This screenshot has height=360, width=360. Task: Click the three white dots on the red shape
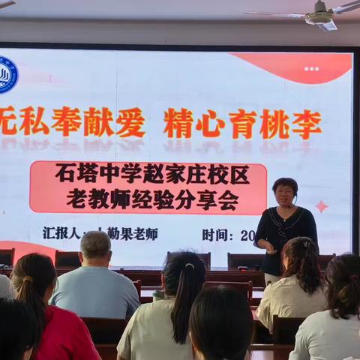(x=311, y=68)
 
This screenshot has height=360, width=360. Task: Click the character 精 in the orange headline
(x=178, y=124)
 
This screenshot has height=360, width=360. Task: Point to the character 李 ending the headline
(x=307, y=124)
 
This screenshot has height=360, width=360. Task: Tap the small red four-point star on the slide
(x=322, y=206)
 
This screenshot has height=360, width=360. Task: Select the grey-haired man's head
(x=95, y=246)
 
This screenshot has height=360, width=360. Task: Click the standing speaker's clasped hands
(x=268, y=244)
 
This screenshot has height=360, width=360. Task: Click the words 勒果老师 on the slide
(x=133, y=234)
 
